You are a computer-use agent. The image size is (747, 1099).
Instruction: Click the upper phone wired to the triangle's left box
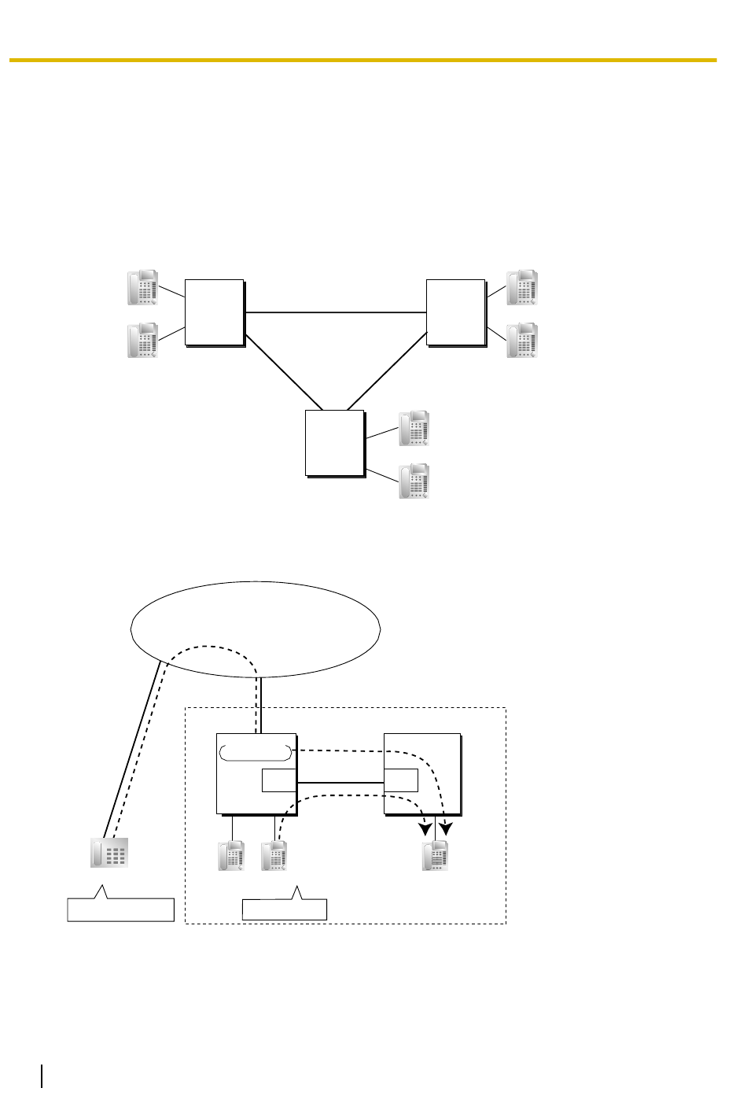point(143,288)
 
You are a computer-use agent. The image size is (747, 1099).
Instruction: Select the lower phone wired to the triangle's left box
point(143,341)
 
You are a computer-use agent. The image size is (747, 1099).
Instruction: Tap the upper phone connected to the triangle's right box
point(522,288)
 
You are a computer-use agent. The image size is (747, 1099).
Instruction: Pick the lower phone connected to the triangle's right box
point(522,341)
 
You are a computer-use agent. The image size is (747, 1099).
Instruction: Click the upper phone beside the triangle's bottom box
point(414,428)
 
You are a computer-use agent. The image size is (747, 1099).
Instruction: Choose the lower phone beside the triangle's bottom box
point(414,481)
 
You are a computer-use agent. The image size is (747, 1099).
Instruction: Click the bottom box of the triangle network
point(335,442)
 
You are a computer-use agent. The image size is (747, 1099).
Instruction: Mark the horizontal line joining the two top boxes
point(336,312)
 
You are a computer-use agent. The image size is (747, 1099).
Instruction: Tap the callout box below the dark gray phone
point(120,909)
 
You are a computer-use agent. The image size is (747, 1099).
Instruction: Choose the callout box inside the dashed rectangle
point(285,909)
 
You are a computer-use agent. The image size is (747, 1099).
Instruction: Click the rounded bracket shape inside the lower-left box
point(256,750)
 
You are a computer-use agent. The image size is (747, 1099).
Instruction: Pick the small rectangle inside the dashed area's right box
point(401,781)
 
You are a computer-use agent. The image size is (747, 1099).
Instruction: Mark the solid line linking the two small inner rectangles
point(340,782)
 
